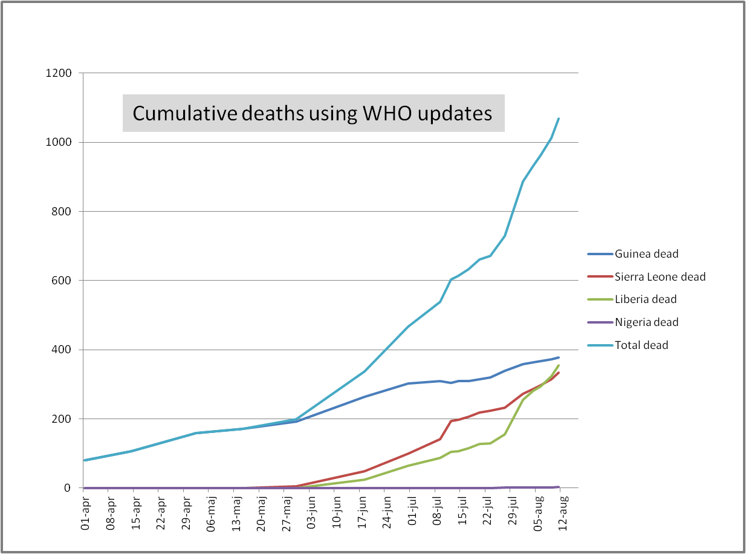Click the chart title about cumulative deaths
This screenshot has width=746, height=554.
[x=313, y=113]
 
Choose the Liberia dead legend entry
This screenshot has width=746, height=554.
[x=646, y=299]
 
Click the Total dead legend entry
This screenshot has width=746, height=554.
[x=641, y=345]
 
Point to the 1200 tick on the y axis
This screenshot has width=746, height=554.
[x=59, y=73]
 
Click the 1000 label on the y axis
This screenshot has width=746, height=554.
[x=59, y=142]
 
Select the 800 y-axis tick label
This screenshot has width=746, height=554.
[x=62, y=212]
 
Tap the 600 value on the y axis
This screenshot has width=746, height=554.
[x=62, y=281]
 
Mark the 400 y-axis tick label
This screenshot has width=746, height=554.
[x=62, y=350]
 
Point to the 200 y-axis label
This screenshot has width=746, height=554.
[x=62, y=419]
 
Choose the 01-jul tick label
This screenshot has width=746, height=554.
[x=413, y=513]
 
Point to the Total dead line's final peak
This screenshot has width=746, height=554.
[x=558, y=119]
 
